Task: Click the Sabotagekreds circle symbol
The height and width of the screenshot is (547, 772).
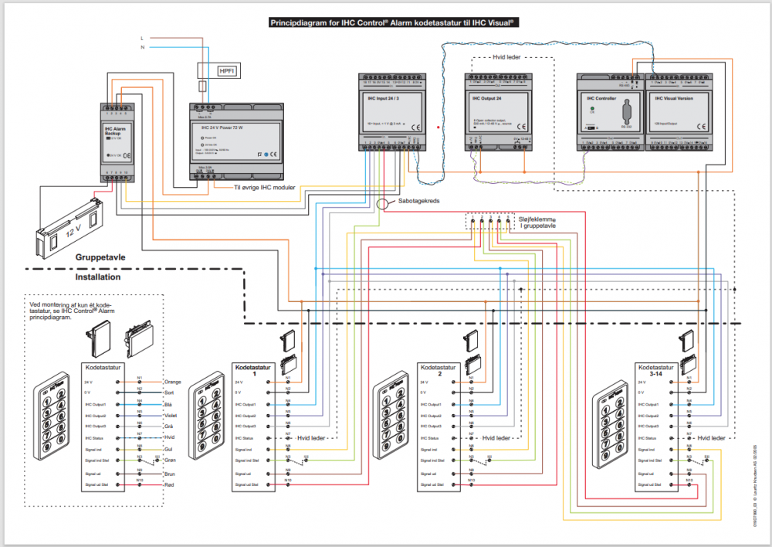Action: pos(384,204)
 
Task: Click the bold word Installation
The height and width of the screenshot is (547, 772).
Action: pos(97,277)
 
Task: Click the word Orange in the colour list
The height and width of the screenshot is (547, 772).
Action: pos(173,382)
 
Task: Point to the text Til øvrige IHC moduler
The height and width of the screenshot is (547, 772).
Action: pos(265,187)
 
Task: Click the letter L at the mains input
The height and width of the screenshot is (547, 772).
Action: pos(141,37)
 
